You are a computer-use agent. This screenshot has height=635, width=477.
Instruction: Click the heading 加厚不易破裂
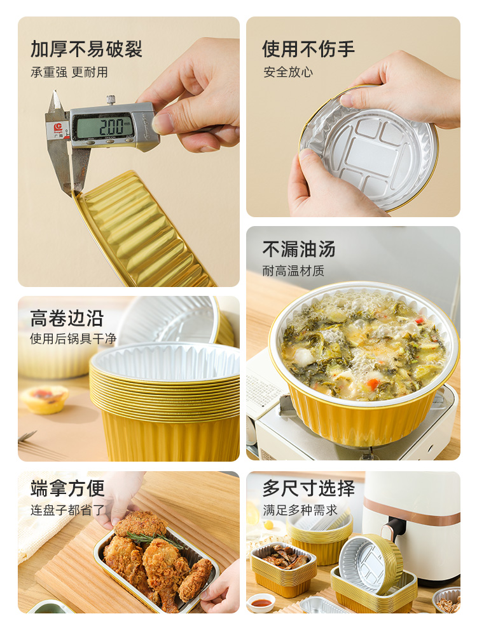pyautogui.click(x=86, y=50)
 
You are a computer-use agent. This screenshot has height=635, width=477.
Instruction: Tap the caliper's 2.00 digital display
pyautogui.click(x=104, y=126)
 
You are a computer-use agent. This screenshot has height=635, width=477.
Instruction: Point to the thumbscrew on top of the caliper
pyautogui.click(x=111, y=100)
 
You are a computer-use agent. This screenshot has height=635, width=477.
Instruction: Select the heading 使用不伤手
pyautogui.click(x=308, y=49)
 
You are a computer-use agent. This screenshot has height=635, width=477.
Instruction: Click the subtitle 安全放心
pyautogui.click(x=288, y=72)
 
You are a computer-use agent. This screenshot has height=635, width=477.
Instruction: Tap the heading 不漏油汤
pyautogui.click(x=299, y=249)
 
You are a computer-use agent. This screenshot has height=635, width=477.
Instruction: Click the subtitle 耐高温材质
pyautogui.click(x=293, y=271)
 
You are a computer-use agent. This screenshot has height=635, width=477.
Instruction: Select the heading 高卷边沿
pyautogui.click(x=67, y=318)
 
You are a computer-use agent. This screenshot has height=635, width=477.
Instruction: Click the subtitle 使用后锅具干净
pyautogui.click(x=73, y=338)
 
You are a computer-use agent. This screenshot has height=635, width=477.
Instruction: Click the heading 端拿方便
pyautogui.click(x=67, y=488)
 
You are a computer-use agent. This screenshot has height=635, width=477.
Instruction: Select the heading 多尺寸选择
pyautogui.click(x=308, y=488)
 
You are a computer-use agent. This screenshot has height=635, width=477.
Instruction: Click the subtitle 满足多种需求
pyautogui.click(x=300, y=510)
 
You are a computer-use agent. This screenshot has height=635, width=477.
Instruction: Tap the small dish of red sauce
pyautogui.click(x=261, y=602)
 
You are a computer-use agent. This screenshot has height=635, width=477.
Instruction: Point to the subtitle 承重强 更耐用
pyautogui.click(x=69, y=72)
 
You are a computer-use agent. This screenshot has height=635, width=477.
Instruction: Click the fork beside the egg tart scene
pyautogui.click(x=29, y=438)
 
